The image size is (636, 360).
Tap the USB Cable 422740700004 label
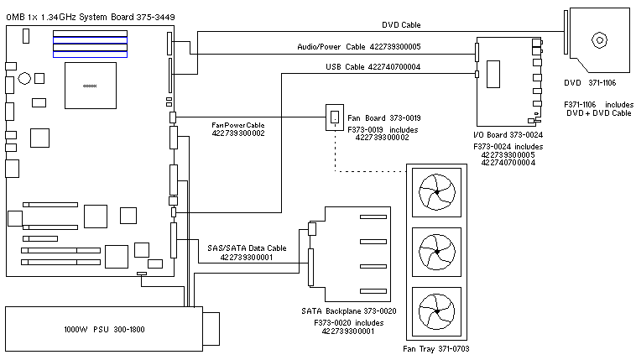[373, 67]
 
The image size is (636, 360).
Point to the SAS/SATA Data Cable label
[247, 248]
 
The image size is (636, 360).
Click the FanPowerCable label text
[238, 124]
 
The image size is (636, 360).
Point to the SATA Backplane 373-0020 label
[347, 310]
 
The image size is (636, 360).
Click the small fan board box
[335, 117]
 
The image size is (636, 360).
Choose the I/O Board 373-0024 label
[508, 133]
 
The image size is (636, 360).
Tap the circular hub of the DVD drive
[600, 39]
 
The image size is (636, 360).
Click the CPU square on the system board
[90, 86]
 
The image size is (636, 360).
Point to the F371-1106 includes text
[599, 103]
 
